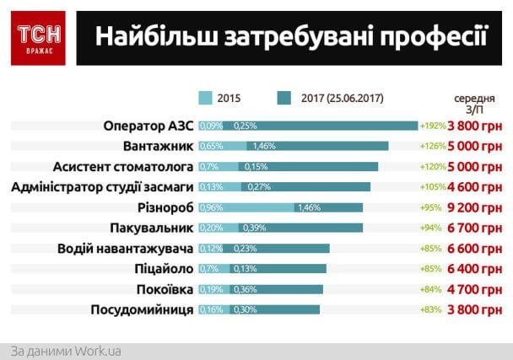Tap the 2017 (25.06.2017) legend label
point(342,98)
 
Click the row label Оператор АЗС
point(148,126)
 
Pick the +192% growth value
point(431,126)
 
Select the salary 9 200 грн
point(474,207)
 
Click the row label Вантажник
point(159,146)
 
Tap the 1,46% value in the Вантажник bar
point(264,147)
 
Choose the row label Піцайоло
point(162,269)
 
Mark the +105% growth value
point(431,187)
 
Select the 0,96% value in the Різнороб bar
point(211,207)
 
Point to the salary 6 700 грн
point(474,228)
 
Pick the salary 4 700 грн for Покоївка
point(474,289)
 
